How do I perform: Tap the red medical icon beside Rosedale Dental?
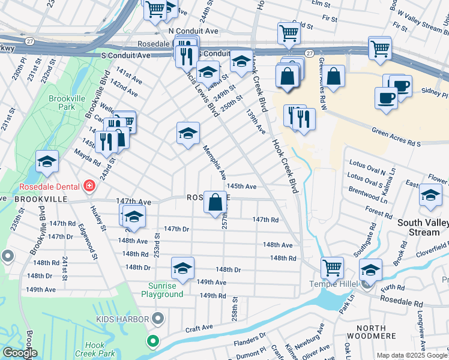pyautogui.click(x=89, y=186)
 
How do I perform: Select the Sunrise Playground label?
pyautogui.click(x=162, y=290)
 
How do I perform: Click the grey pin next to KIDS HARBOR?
pyautogui.click(x=158, y=318)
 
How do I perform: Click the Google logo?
pyautogui.click(x=19, y=353)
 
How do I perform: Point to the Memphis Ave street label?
pyautogui.click(x=214, y=162)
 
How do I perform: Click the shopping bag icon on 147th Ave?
pyautogui.click(x=215, y=203)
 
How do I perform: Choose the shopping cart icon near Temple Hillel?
pyautogui.click(x=331, y=268)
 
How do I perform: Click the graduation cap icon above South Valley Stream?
pyautogui.click(x=430, y=197)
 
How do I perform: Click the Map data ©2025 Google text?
pyautogui.click(x=412, y=355)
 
